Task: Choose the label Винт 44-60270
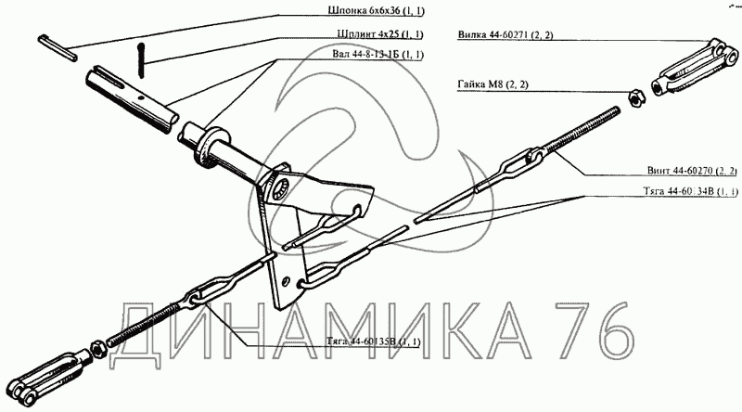click(x=692, y=172)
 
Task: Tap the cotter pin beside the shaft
click(x=140, y=60)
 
